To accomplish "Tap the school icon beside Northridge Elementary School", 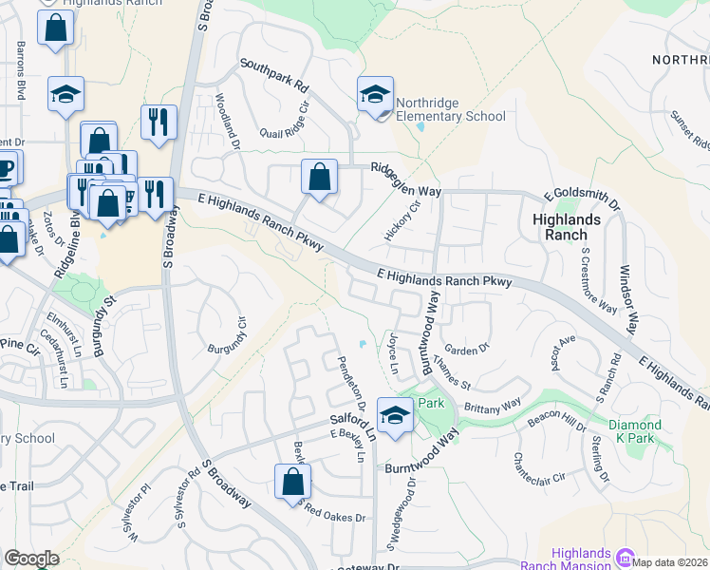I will click(376, 95).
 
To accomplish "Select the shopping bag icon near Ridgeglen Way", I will click(320, 177).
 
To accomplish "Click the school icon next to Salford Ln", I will click(394, 415).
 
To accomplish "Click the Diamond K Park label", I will click(636, 431).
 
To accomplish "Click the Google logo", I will click(31, 558).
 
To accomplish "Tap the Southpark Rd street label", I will click(275, 75).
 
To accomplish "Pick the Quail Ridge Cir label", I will click(277, 122).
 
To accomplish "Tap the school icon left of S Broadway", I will click(66, 95).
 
